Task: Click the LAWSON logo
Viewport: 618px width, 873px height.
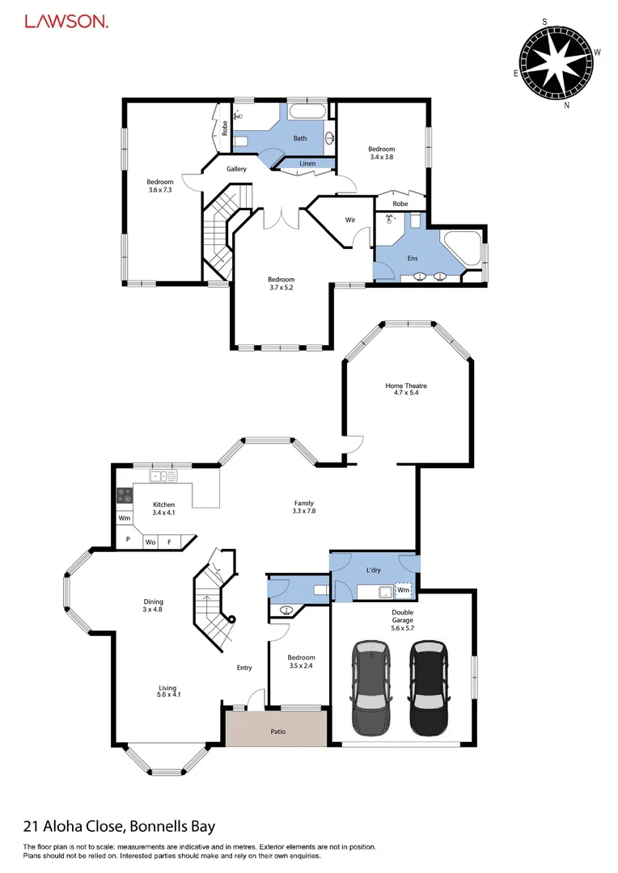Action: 66,23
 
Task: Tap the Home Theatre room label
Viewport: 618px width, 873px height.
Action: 405,386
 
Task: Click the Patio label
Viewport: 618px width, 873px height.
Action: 277,732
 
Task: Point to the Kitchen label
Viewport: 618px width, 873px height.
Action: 164,504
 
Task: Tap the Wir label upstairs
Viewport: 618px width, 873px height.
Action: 350,220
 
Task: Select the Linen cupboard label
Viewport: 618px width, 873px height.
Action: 307,164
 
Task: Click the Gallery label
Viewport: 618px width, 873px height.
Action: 236,169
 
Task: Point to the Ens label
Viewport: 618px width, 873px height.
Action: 413,259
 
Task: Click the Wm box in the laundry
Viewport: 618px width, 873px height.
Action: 403,591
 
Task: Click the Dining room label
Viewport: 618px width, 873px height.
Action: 154,601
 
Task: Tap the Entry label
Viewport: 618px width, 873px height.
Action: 244,668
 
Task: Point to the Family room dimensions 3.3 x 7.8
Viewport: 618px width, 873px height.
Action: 304,511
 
